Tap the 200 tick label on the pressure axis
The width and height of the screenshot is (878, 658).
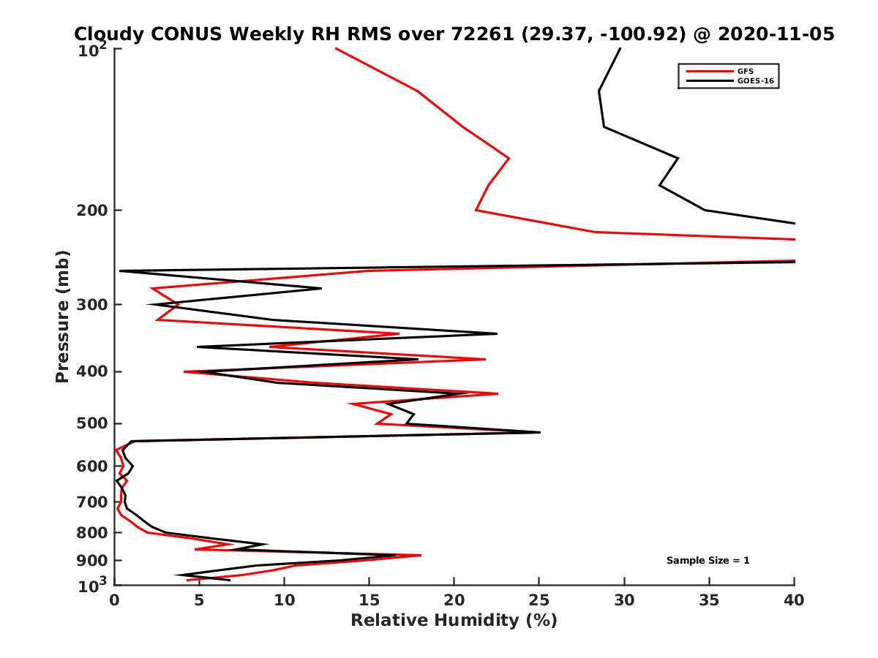click(x=93, y=211)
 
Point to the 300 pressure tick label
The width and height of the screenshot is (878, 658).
click(x=93, y=304)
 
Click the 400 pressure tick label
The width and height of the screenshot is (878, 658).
click(x=93, y=371)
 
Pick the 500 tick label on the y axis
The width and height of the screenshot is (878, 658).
click(x=93, y=423)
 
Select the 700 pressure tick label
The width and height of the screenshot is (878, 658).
click(x=93, y=502)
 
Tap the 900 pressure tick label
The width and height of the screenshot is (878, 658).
click(x=93, y=561)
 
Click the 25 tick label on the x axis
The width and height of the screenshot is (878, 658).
click(x=539, y=600)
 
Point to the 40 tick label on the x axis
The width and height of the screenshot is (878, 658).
click(x=794, y=600)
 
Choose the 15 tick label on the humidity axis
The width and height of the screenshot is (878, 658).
click(x=369, y=600)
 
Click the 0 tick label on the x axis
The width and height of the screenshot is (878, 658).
click(x=115, y=600)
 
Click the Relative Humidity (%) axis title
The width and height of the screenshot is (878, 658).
click(x=454, y=621)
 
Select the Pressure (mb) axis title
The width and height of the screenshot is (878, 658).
click(x=63, y=316)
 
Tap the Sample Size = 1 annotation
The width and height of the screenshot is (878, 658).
click(x=708, y=561)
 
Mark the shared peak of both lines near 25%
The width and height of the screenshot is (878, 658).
click(x=539, y=432)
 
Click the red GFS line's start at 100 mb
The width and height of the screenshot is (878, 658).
click(x=336, y=48)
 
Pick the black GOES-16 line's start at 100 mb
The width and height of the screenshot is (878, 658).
click(x=620, y=48)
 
